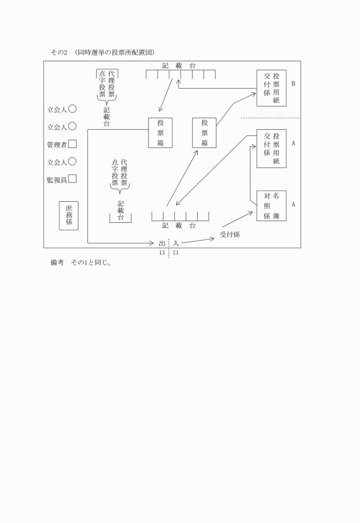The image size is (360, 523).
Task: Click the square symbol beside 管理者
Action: click(x=73, y=144)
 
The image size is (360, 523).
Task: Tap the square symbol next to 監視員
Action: click(x=73, y=179)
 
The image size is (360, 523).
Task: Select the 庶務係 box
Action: click(x=69, y=215)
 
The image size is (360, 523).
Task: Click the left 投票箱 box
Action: click(x=161, y=133)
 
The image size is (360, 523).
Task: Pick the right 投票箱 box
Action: click(x=205, y=133)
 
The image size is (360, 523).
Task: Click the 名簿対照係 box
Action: click(x=271, y=206)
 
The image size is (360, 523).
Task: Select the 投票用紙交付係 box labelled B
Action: click(x=271, y=88)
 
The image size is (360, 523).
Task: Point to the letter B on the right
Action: click(x=293, y=83)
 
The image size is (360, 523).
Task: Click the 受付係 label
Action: click(x=230, y=234)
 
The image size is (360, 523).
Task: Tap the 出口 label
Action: click(x=162, y=248)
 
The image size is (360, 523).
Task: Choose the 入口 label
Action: click(x=175, y=248)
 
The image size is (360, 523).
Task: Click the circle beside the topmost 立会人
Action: click(x=73, y=109)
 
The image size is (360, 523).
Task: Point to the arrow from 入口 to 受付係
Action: click(x=198, y=241)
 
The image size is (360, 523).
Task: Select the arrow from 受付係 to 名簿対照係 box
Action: click(x=238, y=219)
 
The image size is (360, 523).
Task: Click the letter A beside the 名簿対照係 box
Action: click(x=293, y=204)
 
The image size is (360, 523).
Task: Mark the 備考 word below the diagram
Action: click(x=57, y=262)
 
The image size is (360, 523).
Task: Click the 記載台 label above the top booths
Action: click(x=179, y=66)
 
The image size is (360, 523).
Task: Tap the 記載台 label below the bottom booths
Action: click(x=179, y=226)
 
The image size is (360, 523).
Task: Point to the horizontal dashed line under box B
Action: click(x=270, y=118)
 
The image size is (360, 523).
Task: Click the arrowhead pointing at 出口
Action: click(x=152, y=243)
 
